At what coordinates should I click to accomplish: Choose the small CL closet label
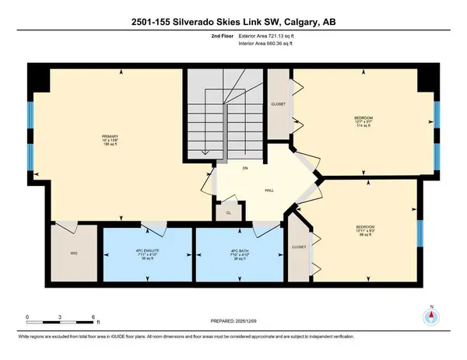pyautogui.click(x=229, y=211)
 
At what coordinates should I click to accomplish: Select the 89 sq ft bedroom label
pyautogui.click(x=356, y=231)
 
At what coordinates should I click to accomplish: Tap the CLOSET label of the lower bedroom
pyautogui.click(x=300, y=247)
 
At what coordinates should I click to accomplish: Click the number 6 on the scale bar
pyautogui.click(x=93, y=317)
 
